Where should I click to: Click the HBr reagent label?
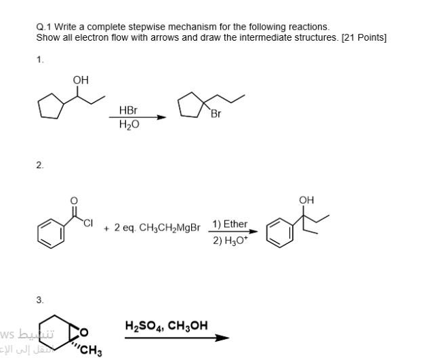point(128,111)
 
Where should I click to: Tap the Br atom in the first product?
point(216,114)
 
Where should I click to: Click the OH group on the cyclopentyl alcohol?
point(81,80)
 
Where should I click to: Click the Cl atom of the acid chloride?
point(88,220)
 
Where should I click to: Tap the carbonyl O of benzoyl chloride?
point(74,201)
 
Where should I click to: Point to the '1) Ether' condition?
point(230,224)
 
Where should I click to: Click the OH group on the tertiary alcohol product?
point(306,200)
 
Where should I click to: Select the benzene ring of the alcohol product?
point(279,231)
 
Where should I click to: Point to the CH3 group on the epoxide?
point(91,351)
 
